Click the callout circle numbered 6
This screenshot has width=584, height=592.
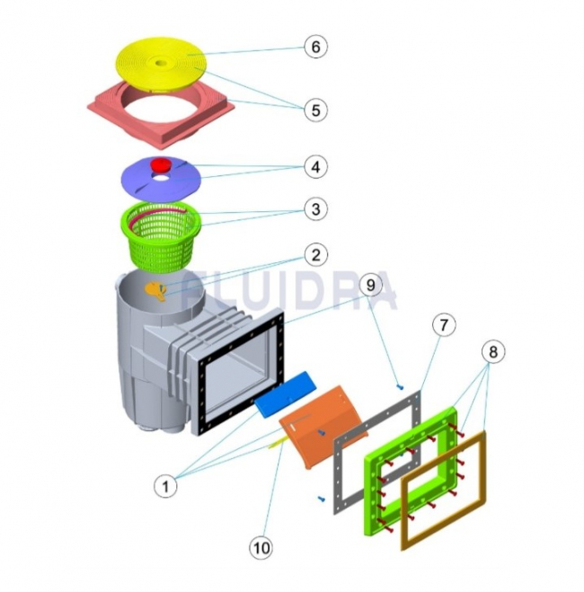click(x=315, y=47)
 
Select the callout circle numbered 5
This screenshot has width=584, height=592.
click(x=315, y=110)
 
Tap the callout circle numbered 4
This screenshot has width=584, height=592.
click(x=315, y=166)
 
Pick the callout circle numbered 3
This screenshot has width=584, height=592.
click(x=315, y=209)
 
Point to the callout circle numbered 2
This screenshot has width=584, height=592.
click(x=315, y=255)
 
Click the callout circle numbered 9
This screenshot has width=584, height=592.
click(x=370, y=285)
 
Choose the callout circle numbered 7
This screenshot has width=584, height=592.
click(x=443, y=324)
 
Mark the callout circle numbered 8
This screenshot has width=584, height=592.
click(x=493, y=352)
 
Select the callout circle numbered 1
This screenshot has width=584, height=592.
click(x=165, y=487)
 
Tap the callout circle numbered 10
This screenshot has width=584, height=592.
click(x=261, y=547)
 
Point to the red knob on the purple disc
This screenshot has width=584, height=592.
click(x=161, y=165)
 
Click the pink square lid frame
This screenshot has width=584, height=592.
click(x=161, y=118)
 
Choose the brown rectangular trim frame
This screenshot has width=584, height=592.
click(x=444, y=490)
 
